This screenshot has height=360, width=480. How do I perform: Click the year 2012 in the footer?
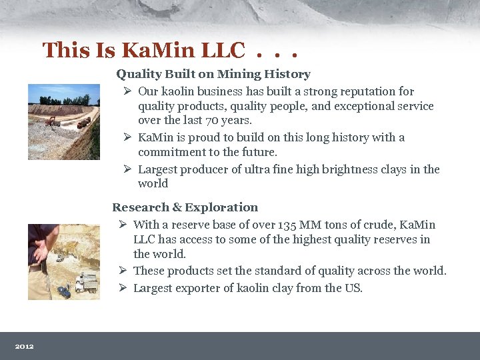[x=25, y=346]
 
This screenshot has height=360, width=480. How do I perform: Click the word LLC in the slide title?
[x=221, y=49]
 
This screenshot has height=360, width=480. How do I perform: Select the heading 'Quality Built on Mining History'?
[x=213, y=74]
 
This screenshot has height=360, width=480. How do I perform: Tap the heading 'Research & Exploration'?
[x=185, y=207]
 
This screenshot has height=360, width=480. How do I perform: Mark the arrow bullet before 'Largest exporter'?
[x=123, y=288]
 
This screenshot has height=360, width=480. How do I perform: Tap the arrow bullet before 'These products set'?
[x=123, y=271]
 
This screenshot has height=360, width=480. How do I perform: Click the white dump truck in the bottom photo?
[x=86, y=283]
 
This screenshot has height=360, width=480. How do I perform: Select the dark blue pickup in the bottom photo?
[x=65, y=292]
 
